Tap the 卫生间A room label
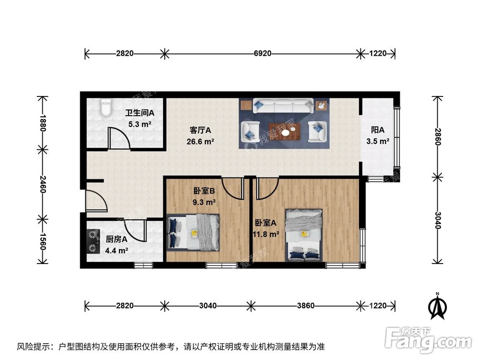(x=140, y=113)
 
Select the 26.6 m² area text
(x=201, y=141)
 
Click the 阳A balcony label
(x=378, y=130)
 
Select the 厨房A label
(x=116, y=239)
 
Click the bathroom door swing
(x=119, y=139)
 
